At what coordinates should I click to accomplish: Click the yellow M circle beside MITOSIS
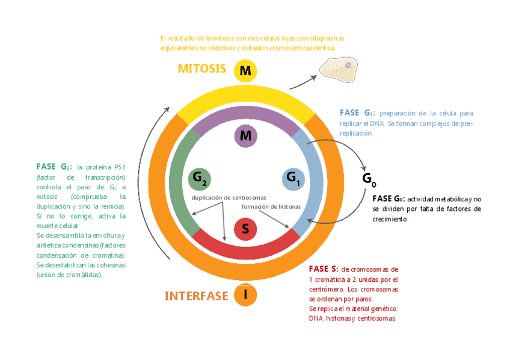click(x=245, y=71)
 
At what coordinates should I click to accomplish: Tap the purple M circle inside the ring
click(x=245, y=136)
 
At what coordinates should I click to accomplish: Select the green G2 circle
click(x=200, y=178)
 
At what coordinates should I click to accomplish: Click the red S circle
click(x=245, y=229)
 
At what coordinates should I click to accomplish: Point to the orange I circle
click(x=245, y=294)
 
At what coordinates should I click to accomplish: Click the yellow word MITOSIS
click(x=201, y=69)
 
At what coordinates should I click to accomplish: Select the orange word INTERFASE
click(x=196, y=296)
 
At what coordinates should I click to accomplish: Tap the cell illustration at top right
click(x=340, y=67)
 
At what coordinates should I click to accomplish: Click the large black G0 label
click(x=369, y=178)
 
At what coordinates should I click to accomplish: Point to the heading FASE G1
click(x=357, y=113)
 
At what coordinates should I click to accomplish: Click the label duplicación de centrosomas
click(x=229, y=198)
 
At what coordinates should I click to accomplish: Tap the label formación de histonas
click(x=271, y=207)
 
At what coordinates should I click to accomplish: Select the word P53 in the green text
click(x=118, y=167)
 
